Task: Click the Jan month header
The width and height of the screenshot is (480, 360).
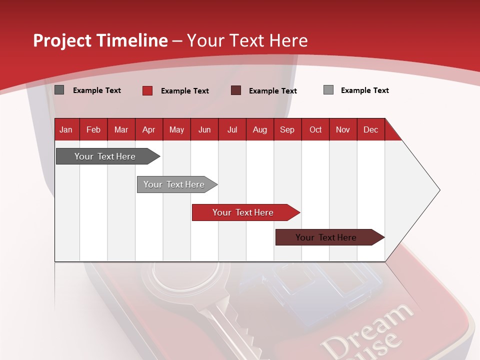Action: [x=66, y=130]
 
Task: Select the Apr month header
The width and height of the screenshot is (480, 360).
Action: [x=148, y=130]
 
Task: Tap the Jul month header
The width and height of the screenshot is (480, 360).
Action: [x=232, y=130]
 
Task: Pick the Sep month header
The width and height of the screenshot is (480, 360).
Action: [x=287, y=130]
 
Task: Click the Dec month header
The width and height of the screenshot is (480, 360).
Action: [x=370, y=130]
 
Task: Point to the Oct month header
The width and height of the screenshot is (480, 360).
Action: [x=315, y=130]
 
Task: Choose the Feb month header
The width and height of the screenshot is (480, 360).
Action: [x=93, y=130]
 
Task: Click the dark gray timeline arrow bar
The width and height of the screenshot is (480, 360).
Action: [x=105, y=156]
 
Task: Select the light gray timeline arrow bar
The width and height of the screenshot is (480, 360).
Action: [x=174, y=184]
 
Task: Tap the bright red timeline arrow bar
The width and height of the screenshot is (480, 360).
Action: [x=243, y=212]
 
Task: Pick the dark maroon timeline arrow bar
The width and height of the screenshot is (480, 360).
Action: [x=326, y=237]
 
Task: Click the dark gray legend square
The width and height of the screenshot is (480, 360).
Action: [x=59, y=90]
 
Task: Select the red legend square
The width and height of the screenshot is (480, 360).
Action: [x=147, y=90]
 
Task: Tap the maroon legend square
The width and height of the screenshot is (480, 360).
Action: [x=236, y=90]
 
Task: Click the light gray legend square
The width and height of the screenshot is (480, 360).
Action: [x=328, y=90]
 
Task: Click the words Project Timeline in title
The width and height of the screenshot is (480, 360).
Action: [x=100, y=40]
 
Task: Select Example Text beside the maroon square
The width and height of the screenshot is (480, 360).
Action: [x=272, y=91]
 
